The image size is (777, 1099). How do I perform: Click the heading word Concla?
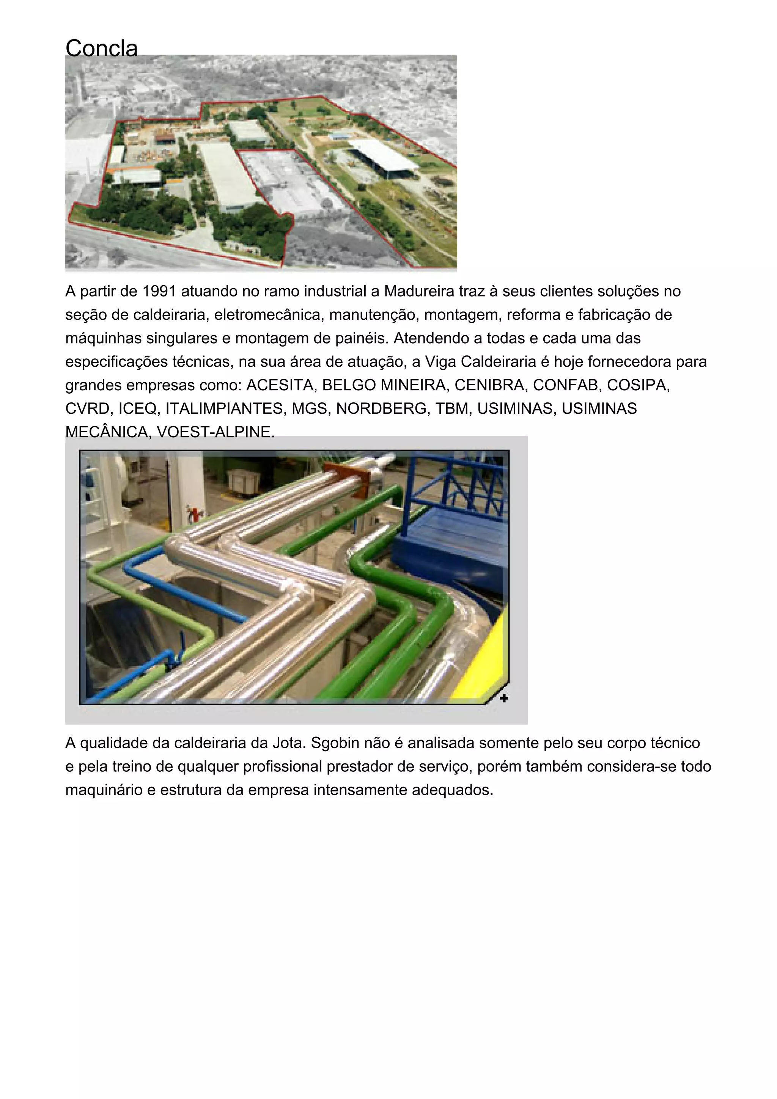[x=102, y=48]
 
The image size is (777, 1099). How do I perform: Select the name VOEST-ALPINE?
[x=215, y=432]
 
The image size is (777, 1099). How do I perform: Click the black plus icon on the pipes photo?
[x=503, y=699]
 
